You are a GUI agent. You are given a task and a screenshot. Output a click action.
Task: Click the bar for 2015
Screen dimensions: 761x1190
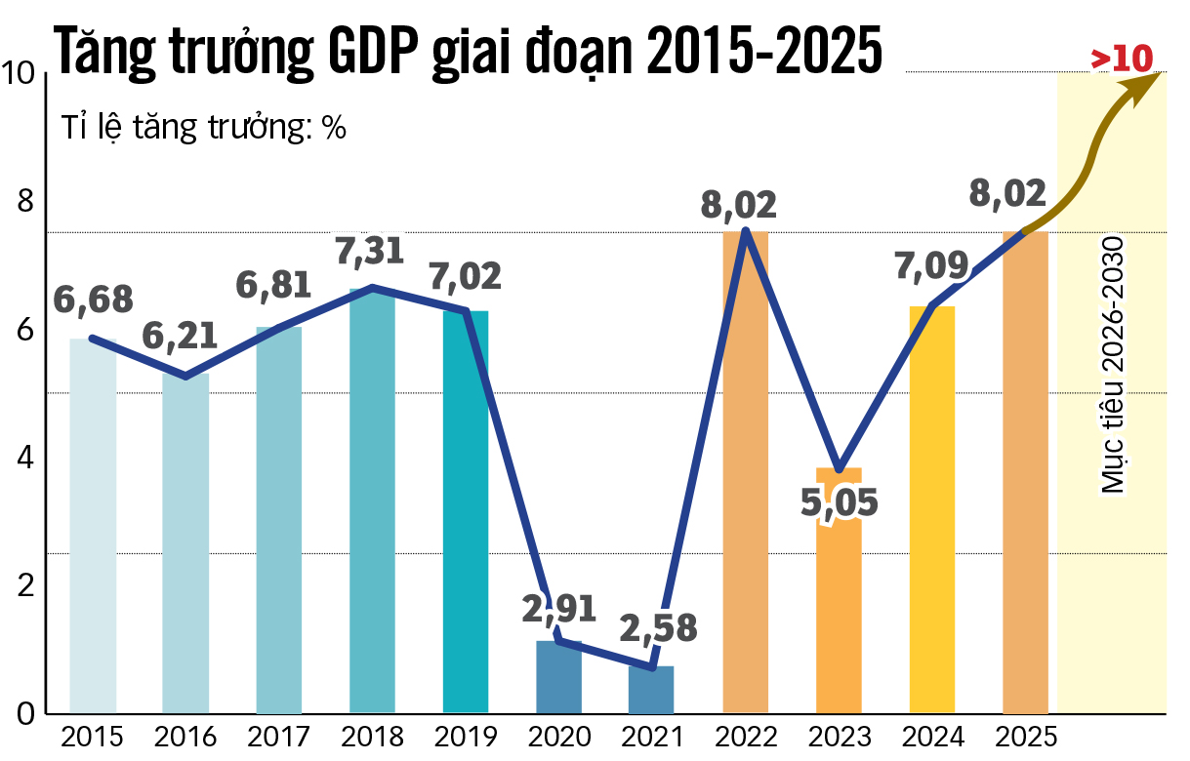tap(93, 527)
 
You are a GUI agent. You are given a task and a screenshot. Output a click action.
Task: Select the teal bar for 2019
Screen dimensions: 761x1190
tap(466, 512)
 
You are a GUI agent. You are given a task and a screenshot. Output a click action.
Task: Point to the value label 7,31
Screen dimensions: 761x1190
tap(373, 253)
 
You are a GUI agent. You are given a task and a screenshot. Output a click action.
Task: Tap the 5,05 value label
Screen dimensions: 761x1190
tap(839, 502)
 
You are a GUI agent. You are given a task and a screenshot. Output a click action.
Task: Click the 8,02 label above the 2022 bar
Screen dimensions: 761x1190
tap(739, 205)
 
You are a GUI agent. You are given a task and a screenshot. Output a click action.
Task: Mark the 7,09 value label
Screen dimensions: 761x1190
tap(931, 265)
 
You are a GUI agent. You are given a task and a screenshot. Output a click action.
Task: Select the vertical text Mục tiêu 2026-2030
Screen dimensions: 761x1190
tap(1113, 365)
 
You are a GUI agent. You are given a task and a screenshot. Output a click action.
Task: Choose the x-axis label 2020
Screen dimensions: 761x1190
tap(559, 737)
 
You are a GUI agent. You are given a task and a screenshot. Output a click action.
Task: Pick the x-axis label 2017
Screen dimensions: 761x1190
tap(278, 737)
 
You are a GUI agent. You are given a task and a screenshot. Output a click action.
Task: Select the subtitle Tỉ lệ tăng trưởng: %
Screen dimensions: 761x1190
tap(204, 128)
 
